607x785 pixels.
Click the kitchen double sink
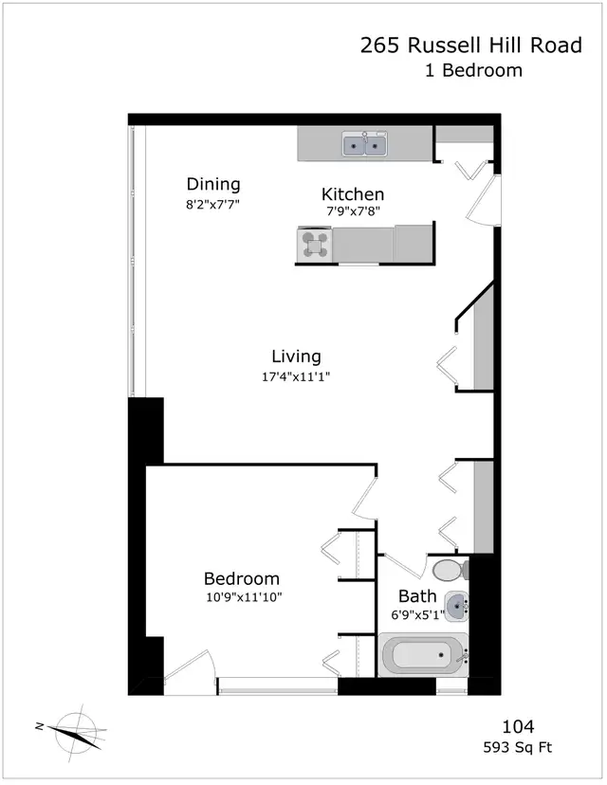tap(364, 144)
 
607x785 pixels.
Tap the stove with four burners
tap(315, 245)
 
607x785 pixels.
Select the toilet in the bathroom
tap(451, 570)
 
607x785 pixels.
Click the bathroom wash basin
tap(456, 607)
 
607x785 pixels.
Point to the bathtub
tap(425, 655)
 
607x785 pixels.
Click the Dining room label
tap(213, 184)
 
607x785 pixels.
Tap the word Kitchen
tap(353, 193)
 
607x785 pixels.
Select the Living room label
tap(296, 357)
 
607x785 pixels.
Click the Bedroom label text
tap(242, 578)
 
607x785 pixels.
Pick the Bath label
tap(417, 596)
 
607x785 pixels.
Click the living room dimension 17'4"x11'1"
tap(296, 376)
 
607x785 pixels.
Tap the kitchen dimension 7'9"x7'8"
tap(353, 211)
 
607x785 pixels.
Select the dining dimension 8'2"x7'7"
tap(212, 204)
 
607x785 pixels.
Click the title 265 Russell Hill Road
tap(471, 46)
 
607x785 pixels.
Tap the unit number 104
tap(519, 726)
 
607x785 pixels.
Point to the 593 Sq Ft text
tap(518, 748)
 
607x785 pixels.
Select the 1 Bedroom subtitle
tap(473, 70)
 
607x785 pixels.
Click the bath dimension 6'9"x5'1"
tap(417, 615)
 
